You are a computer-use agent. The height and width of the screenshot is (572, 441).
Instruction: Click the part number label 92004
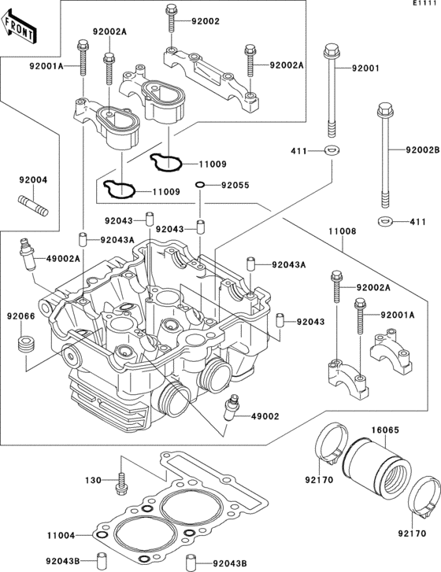(33, 180)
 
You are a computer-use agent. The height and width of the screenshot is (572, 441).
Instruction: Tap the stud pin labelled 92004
(33, 205)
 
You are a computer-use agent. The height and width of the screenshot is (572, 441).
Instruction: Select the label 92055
(235, 186)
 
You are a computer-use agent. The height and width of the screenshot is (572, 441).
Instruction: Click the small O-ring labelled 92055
(200, 185)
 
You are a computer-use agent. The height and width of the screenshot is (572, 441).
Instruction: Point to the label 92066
(20, 316)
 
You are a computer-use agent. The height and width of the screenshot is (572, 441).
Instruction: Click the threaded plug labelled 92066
(26, 345)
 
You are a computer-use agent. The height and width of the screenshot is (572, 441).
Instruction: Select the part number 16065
(386, 430)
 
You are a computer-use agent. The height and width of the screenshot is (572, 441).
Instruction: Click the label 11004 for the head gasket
(61, 536)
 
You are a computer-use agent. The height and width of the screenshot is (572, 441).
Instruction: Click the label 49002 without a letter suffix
(265, 416)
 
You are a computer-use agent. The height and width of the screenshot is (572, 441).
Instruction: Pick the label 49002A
(64, 259)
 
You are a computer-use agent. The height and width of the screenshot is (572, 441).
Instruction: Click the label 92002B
(423, 149)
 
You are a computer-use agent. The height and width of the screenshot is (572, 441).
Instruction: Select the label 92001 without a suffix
(366, 68)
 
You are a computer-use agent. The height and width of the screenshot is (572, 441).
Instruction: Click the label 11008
(342, 231)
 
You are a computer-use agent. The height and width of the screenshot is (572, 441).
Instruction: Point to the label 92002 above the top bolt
(206, 21)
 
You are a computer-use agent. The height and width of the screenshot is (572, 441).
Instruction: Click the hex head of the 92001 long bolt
(332, 50)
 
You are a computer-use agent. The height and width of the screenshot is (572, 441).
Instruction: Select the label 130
(93, 481)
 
